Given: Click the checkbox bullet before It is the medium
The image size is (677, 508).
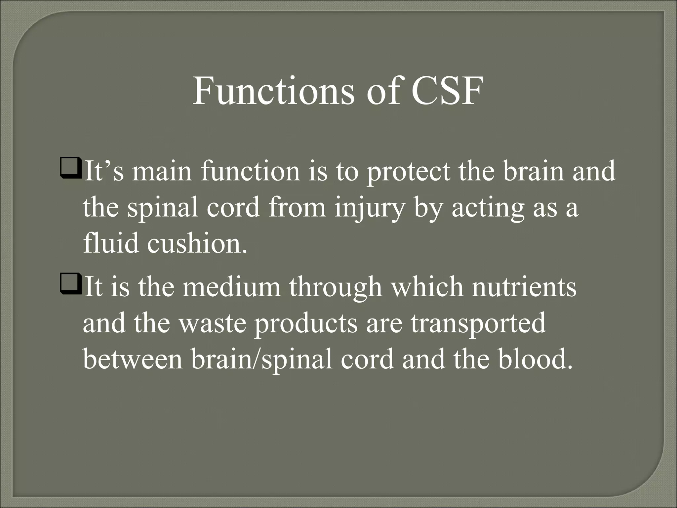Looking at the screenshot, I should [71, 286].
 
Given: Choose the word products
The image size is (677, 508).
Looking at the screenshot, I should [306, 324].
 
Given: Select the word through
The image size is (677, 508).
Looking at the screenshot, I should [336, 288].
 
